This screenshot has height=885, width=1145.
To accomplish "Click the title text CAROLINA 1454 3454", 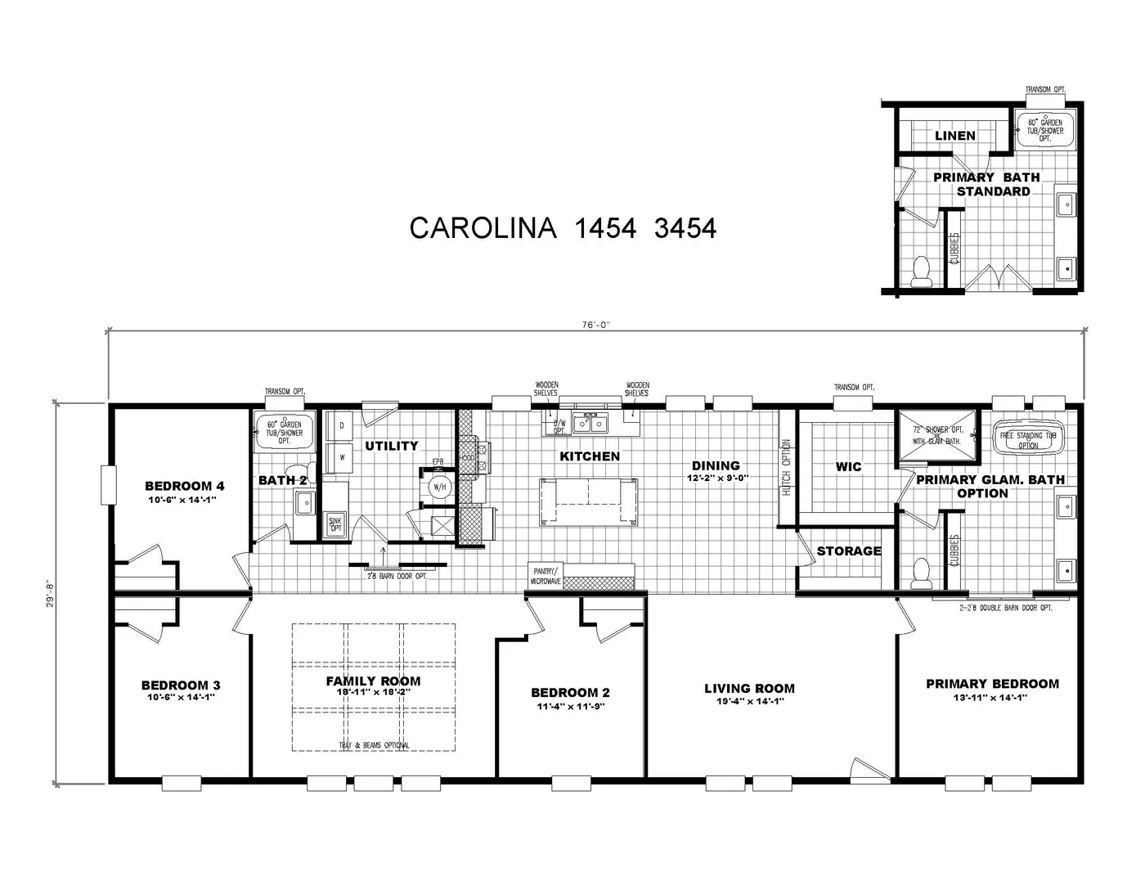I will tap(563, 228).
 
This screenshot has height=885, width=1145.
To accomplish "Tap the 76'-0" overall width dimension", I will tap(596, 324).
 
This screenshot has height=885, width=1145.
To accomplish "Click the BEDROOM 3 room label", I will tap(181, 685).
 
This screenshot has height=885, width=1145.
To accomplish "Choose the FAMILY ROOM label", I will tap(373, 681).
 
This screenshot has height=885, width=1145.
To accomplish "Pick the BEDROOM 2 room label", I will tap(570, 693).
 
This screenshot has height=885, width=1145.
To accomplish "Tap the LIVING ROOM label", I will tap(749, 689).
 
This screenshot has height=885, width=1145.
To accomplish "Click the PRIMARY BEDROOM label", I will tap(992, 684).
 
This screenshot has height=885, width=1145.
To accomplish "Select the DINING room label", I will tap(716, 466).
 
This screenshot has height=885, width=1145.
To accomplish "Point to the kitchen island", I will tap(588, 501).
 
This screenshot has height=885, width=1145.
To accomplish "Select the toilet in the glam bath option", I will tap(922, 573).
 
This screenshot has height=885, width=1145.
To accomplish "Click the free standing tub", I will tap(1028, 437).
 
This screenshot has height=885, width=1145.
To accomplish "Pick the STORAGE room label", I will tap(849, 551).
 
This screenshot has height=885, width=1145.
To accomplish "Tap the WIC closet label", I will tap(848, 467).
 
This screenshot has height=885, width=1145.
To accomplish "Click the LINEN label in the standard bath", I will tap(954, 136).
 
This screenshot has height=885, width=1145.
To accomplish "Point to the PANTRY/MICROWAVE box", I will tap(546, 576).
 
